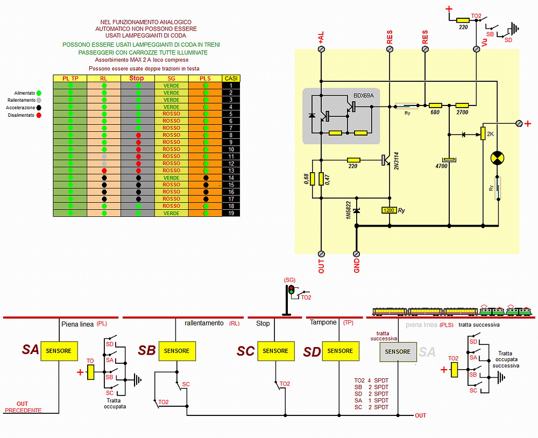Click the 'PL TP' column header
[70, 79]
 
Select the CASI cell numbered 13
[231, 171]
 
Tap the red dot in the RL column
[104, 171]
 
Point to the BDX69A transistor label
[363, 95]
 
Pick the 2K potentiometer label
[490, 133]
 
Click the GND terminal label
[356, 264]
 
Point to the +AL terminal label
[321, 38]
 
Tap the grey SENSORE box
[398, 351]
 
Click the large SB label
[147, 351]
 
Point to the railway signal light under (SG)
[291, 291]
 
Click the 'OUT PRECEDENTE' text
[23, 407]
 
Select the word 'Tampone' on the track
[323, 322]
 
